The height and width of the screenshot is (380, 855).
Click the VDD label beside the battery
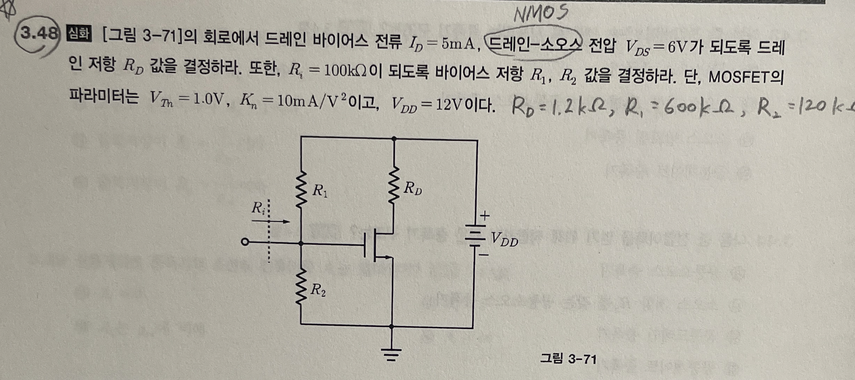[504, 240]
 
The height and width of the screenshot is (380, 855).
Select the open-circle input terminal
[245, 242]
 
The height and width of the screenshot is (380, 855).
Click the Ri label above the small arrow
[258, 208]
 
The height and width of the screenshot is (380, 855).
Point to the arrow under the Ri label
[271, 222]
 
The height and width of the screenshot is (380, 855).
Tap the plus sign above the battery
[485, 216]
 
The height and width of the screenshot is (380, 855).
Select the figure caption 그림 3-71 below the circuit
[568, 359]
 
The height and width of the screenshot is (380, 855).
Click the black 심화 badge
[79, 34]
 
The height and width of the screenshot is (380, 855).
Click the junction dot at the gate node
[301, 243]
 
